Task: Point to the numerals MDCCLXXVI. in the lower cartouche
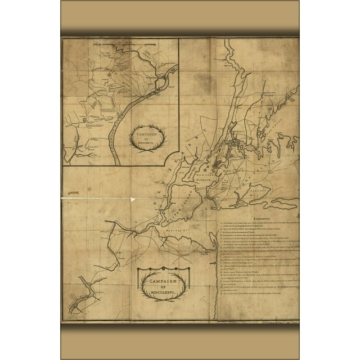(x=163, y=293)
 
